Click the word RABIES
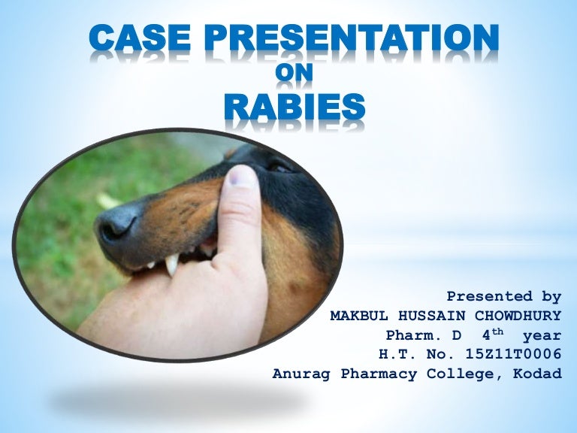point(295,107)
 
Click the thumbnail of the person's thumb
point(241,180)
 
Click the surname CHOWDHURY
point(518,316)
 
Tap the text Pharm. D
point(418,335)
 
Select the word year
point(543,335)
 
